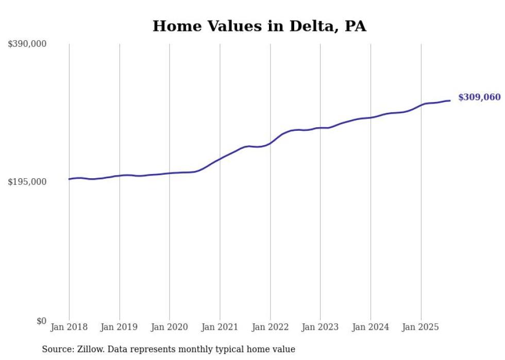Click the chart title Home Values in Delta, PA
tap(259, 26)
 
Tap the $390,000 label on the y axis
tap(27, 44)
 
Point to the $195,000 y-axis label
tap(27, 182)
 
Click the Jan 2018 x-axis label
tap(69, 327)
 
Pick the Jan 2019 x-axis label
tap(120, 327)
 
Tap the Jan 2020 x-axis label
tap(170, 327)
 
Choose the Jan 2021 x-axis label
tap(220, 327)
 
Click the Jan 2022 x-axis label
tap(270, 327)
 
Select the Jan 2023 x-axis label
tap(320, 327)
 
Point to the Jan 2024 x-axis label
tap(371, 327)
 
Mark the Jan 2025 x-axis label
tap(421, 327)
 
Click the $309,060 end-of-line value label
tap(479, 97)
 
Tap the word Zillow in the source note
tap(91, 349)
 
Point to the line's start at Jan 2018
tap(70, 179)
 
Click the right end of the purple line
tap(450, 100)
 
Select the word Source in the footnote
tap(57, 349)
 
